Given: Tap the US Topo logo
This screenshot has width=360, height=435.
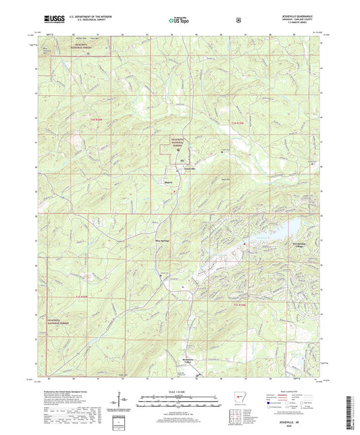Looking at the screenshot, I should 177,20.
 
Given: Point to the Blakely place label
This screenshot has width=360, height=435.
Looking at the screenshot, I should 170,182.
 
